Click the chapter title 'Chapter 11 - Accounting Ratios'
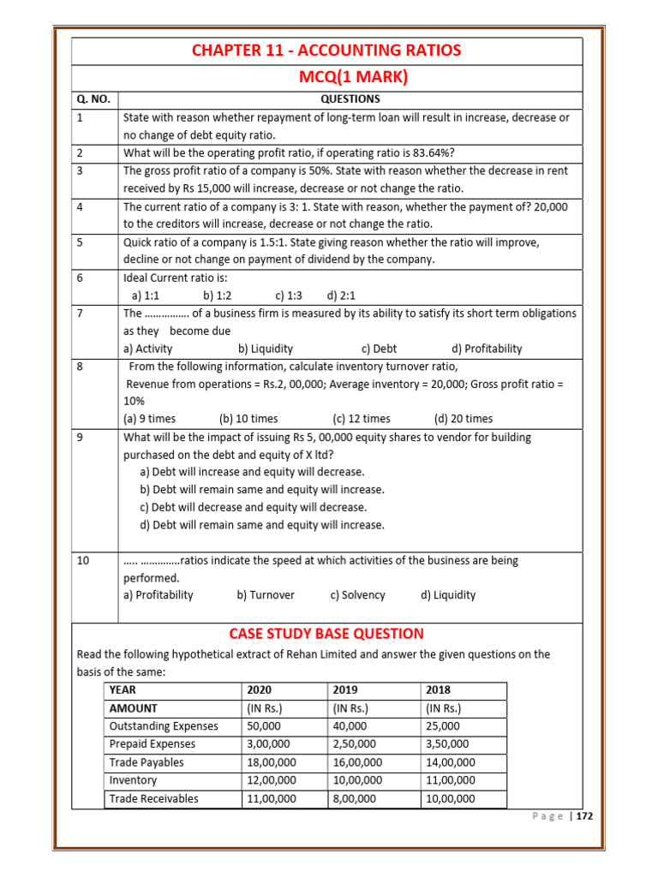[326, 51]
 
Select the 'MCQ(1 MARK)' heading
[352, 78]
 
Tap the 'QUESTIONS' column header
[350, 99]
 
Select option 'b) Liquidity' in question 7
[266, 349]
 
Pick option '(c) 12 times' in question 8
[362, 419]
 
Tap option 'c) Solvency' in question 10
[357, 595]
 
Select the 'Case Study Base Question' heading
[326, 634]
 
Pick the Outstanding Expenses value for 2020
[264, 726]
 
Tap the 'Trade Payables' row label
[147, 762]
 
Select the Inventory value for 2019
[357, 780]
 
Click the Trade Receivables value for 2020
[272, 798]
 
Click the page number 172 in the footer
[583, 816]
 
